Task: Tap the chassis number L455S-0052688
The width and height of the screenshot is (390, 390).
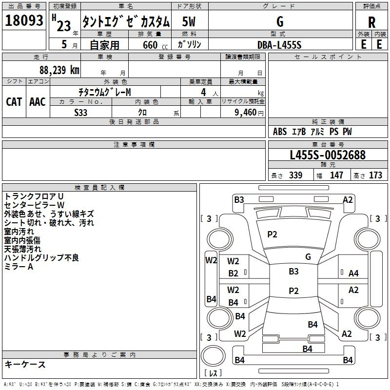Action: [x=328, y=156]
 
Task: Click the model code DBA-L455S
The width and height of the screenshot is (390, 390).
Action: [x=279, y=44]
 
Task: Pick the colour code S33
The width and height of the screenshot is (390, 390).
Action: [x=81, y=113]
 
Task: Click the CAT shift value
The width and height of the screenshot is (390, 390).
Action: [x=14, y=101]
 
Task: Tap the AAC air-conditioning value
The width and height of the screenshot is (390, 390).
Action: [x=38, y=101]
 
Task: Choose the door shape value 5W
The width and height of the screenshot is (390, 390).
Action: [x=190, y=22]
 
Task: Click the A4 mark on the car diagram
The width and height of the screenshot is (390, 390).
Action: [x=354, y=273]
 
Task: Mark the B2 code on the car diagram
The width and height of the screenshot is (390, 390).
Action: [x=234, y=273]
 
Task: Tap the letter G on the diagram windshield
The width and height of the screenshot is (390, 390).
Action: [x=308, y=257]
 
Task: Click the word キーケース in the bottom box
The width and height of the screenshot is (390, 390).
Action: [x=25, y=365]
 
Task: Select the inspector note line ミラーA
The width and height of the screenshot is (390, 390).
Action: [x=19, y=267]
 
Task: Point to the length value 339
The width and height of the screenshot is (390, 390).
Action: [x=295, y=175]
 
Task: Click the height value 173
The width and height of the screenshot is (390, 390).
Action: [x=375, y=175]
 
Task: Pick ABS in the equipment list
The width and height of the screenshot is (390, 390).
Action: [x=280, y=132]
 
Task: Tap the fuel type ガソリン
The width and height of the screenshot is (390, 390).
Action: [x=190, y=44]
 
